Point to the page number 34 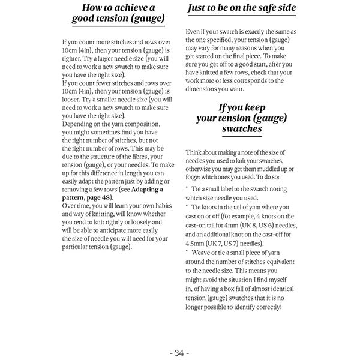click(179, 352)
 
